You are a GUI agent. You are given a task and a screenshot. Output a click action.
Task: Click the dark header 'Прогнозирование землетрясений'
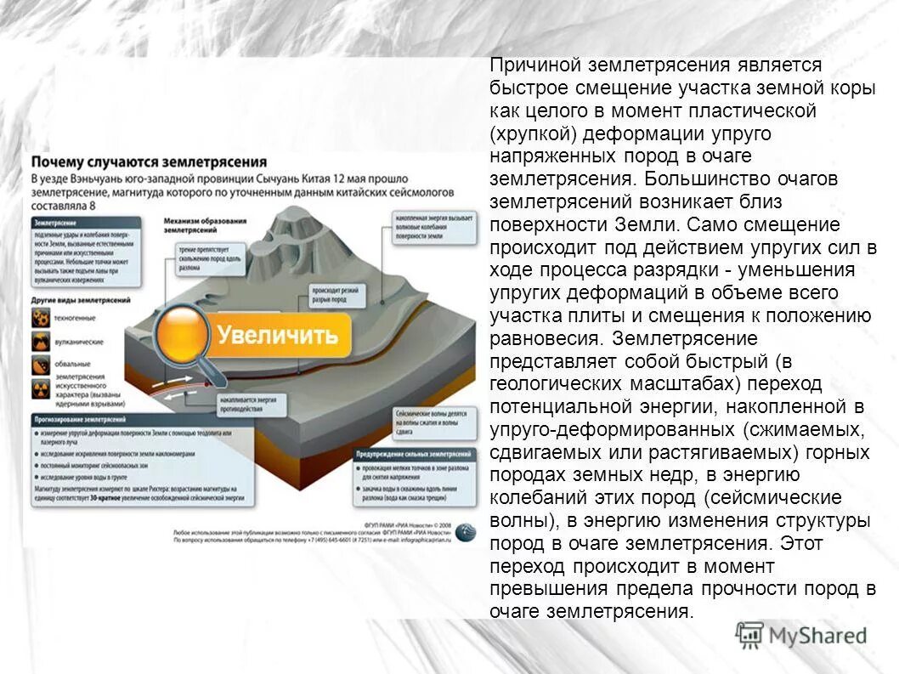click(81, 420)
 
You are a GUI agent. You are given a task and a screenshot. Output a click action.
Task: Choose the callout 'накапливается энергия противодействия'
click(241, 403)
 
